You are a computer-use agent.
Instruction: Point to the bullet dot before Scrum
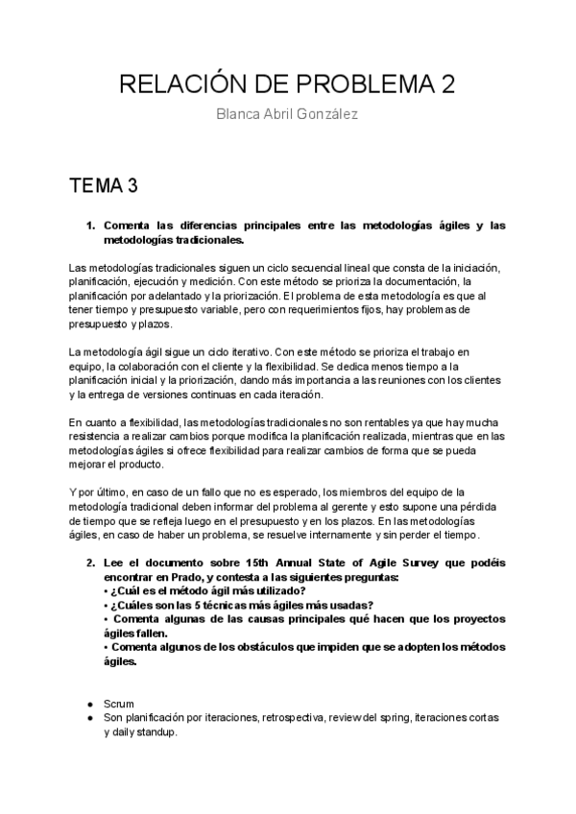click(89, 704)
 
